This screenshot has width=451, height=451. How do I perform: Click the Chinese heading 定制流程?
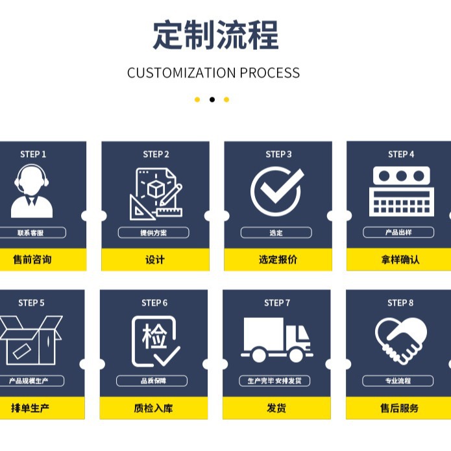pos(215,35)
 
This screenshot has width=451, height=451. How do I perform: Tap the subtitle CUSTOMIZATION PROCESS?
pos(213,73)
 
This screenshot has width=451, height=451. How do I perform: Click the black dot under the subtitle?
pos(212,99)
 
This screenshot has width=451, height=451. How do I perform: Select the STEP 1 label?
pos(33,154)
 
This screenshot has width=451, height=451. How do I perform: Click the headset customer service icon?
pos(32,191)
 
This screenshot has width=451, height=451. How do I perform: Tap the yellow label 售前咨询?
pos(32,260)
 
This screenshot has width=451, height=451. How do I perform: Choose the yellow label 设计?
pos(155,260)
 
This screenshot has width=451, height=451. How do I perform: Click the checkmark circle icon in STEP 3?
pos(277,191)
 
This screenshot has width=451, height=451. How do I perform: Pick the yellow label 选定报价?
pos(278,260)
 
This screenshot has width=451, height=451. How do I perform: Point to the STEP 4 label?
pos(401,154)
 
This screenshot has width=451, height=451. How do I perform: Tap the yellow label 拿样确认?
pos(400,260)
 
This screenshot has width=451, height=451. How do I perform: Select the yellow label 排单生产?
pos(30,408)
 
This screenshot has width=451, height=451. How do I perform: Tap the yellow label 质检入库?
pos(154,408)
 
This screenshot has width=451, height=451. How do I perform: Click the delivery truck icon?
pos(277,339)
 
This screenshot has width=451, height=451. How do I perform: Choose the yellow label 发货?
pos(276,408)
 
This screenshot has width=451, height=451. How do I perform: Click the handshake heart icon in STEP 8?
pos(401,340)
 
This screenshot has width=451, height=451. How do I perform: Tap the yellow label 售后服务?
pos(400,408)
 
